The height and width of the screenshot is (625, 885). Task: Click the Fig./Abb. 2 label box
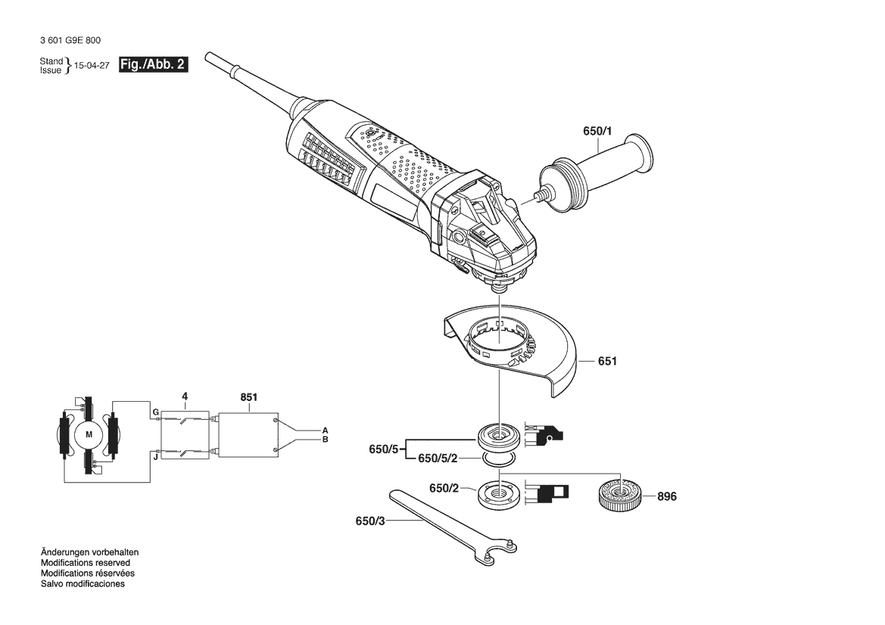153,64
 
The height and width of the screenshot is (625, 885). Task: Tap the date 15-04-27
92,65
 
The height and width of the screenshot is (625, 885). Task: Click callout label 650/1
597,131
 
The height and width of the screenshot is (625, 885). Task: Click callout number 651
607,361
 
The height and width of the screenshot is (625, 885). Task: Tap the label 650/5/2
438,459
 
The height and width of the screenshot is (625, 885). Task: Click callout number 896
667,496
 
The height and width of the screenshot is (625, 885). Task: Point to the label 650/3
370,521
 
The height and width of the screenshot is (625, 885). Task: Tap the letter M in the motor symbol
89,434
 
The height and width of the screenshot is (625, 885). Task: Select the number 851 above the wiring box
249,397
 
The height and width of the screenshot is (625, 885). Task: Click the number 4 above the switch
185,396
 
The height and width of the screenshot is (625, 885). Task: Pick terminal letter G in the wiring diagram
156,412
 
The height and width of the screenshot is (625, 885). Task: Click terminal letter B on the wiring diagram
325,440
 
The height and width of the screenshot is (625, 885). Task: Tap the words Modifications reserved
86,563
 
